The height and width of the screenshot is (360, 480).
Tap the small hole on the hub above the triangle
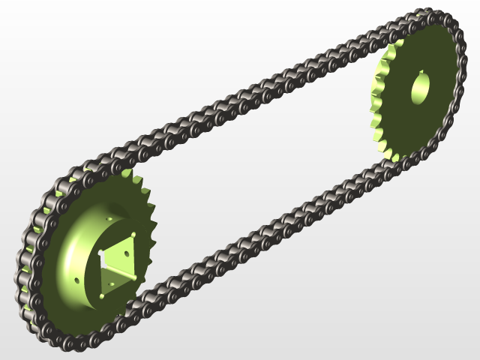tap(111, 219)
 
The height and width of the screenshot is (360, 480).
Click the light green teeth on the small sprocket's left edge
tap(379, 105)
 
